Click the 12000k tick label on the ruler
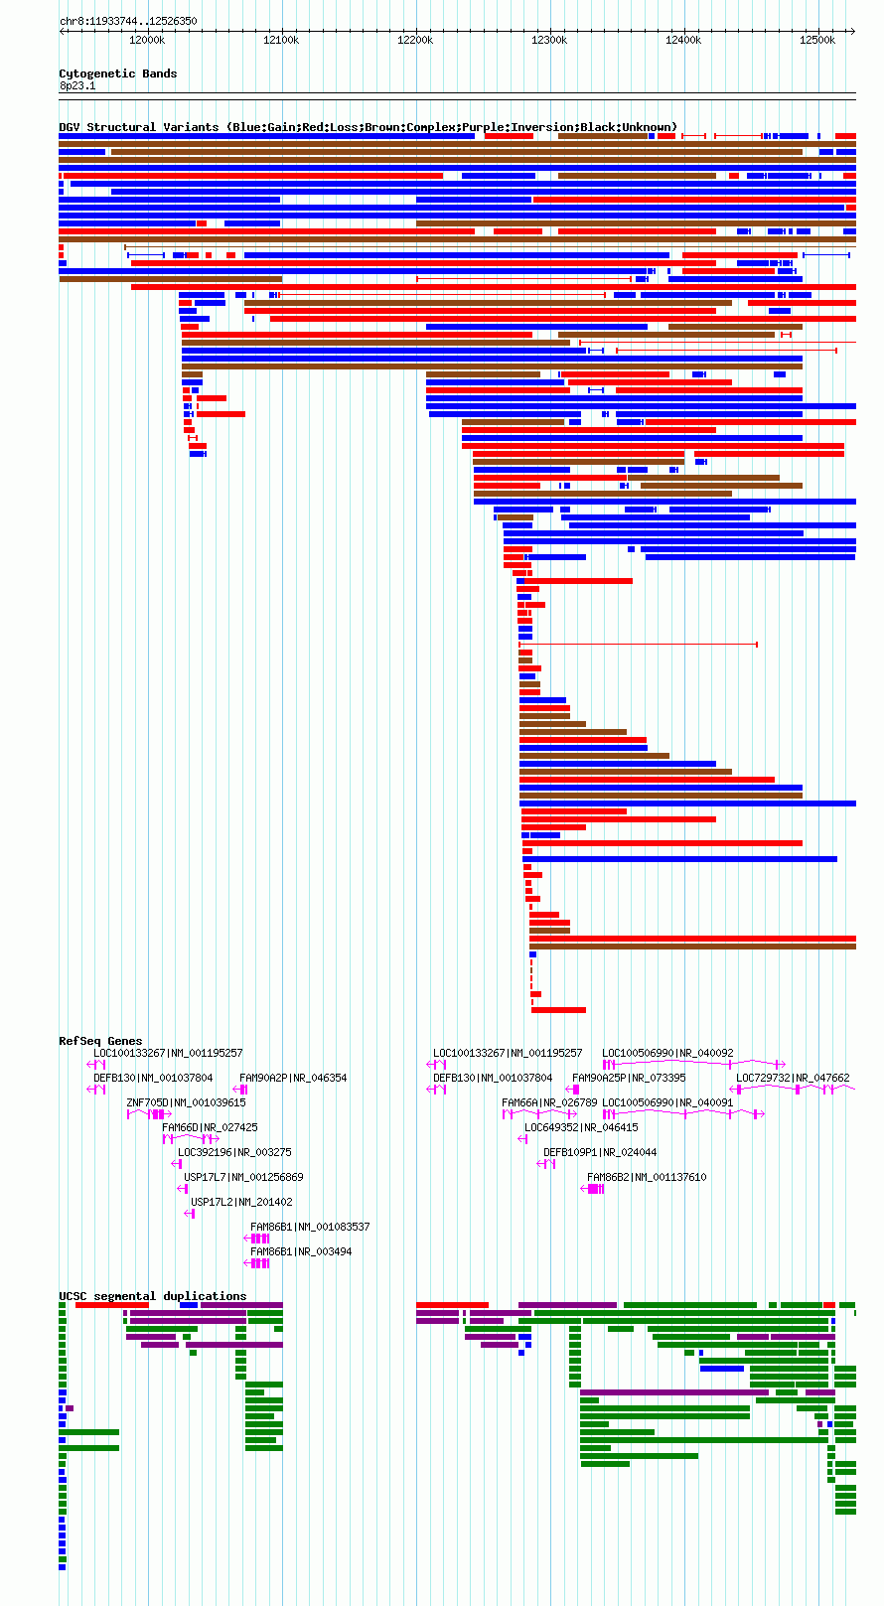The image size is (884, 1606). pos(147,40)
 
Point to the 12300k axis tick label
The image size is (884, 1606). pos(549,40)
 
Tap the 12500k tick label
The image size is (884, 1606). pos(817,40)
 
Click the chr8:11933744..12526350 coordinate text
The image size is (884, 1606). pos(128,21)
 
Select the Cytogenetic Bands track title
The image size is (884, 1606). pos(117,73)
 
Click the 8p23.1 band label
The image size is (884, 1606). pos(77,85)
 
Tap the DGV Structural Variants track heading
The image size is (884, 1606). pos(368,127)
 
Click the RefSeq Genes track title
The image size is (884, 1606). pos(100,1040)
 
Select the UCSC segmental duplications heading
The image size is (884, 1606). pos(153,1295)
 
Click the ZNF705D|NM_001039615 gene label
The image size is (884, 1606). pos(186,1102)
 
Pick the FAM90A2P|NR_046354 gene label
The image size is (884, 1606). pos(293,1078)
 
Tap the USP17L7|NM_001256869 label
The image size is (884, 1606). pos(243,1177)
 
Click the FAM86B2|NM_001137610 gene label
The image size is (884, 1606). pos(647,1177)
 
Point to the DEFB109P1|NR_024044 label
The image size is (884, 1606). pos(600,1152)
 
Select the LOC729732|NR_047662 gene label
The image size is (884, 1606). pos(793,1078)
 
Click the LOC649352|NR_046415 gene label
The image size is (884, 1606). pos(581,1127)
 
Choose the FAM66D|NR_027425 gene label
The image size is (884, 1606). pos(210,1127)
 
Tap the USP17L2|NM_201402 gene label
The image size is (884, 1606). pos(241,1202)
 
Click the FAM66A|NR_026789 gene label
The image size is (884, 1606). pos(549,1102)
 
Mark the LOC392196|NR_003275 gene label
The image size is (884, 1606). pos(234,1152)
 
